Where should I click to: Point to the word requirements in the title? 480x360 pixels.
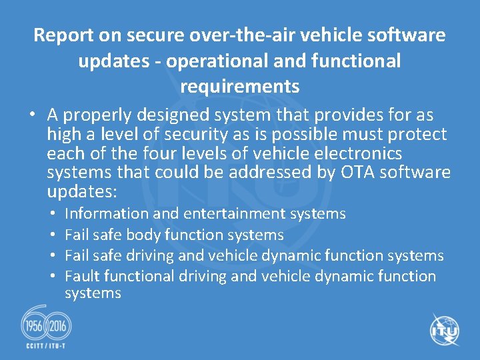tap(239, 87)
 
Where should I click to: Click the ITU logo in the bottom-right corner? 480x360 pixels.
tap(445, 330)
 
